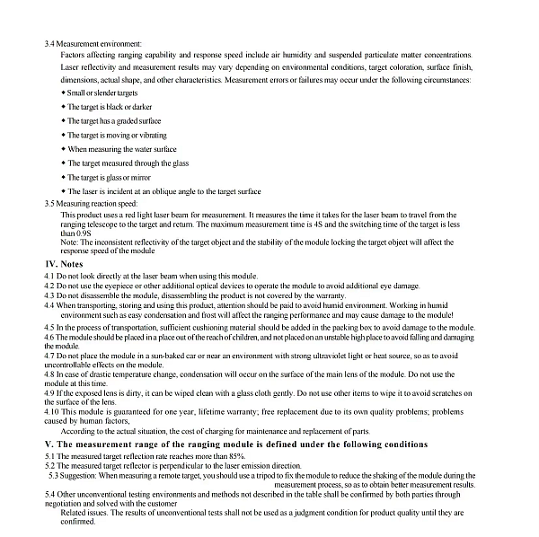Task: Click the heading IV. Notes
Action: pos(64,264)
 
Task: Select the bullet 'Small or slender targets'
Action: pos(102,93)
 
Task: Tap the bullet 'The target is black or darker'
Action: pos(105,107)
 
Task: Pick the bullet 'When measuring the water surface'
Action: pos(121,149)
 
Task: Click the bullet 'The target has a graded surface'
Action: pos(114,121)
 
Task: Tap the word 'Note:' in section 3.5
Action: pos(69,242)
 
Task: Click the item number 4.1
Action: pos(50,276)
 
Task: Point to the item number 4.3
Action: pos(50,295)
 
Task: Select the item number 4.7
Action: pos(50,357)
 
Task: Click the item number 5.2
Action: pos(50,466)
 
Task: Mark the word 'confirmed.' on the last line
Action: pos(78,522)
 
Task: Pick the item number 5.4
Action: pos(50,495)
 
